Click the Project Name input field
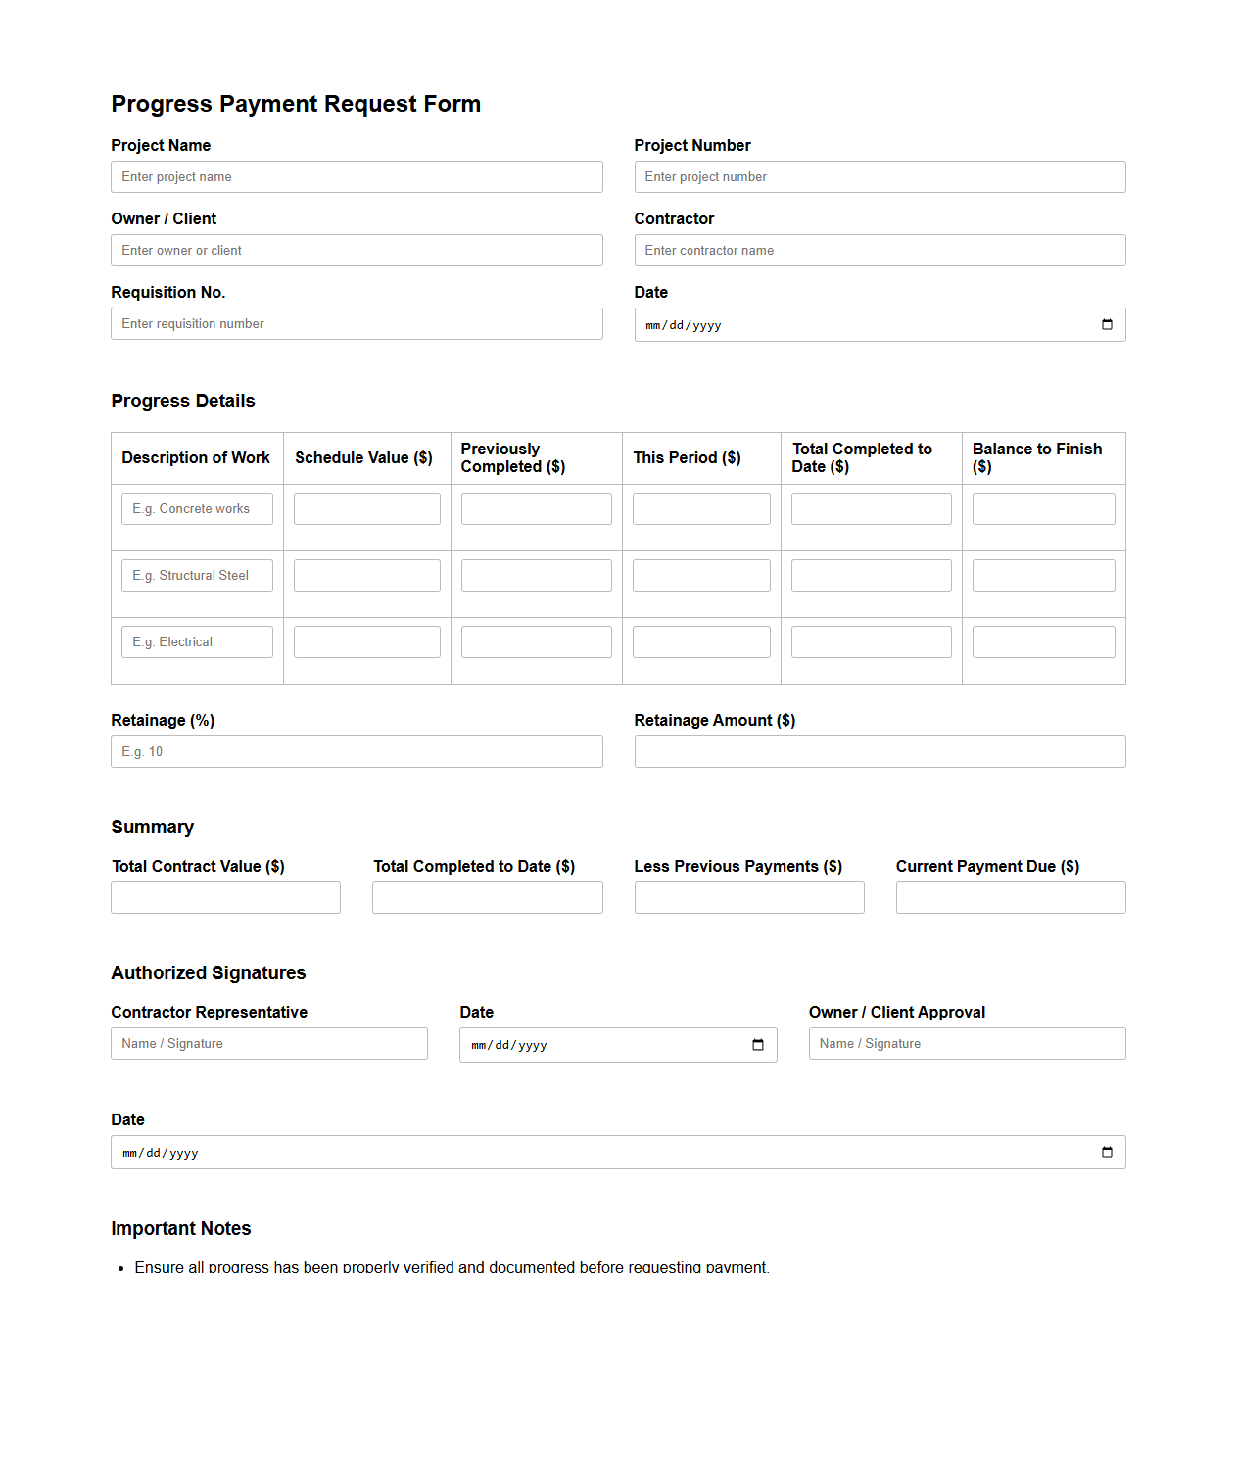click(x=357, y=177)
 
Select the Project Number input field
click(x=880, y=177)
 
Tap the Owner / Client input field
click(x=357, y=251)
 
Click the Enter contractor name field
click(x=880, y=251)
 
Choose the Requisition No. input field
click(x=357, y=324)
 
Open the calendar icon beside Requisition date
click(x=1107, y=325)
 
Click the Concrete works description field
click(x=197, y=509)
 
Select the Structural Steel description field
click(x=197, y=576)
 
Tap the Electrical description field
click(x=197, y=642)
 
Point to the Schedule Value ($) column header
click(x=363, y=458)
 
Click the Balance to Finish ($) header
click(x=1037, y=457)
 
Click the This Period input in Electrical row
click(x=701, y=642)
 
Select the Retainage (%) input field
click(x=357, y=752)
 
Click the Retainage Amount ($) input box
click(x=880, y=752)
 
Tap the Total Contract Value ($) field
click(x=225, y=898)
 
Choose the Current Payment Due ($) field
click(x=1011, y=898)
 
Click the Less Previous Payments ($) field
click(x=749, y=898)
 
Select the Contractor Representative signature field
click(x=269, y=1044)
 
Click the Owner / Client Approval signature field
click(x=967, y=1044)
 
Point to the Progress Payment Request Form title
click(x=296, y=104)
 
